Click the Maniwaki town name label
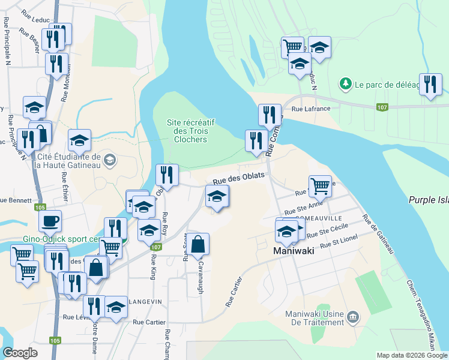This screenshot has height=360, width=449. [295, 251]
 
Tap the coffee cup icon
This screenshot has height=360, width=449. [50, 220]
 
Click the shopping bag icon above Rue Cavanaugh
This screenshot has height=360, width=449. [198, 244]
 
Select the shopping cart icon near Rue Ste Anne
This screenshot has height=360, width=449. [320, 185]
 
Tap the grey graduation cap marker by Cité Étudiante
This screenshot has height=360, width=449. [109, 160]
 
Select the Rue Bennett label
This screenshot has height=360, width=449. [12, 199]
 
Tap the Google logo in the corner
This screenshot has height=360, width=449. [20, 353]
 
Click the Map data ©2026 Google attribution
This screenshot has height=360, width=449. [412, 355]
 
